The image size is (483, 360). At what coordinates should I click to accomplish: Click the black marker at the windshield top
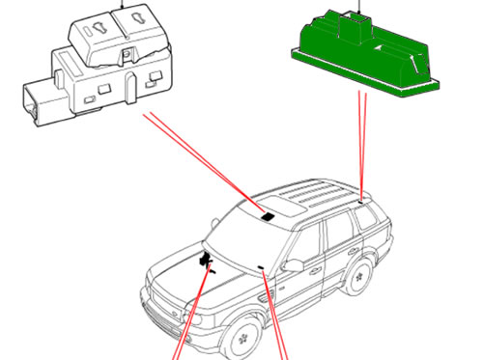[265, 218]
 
